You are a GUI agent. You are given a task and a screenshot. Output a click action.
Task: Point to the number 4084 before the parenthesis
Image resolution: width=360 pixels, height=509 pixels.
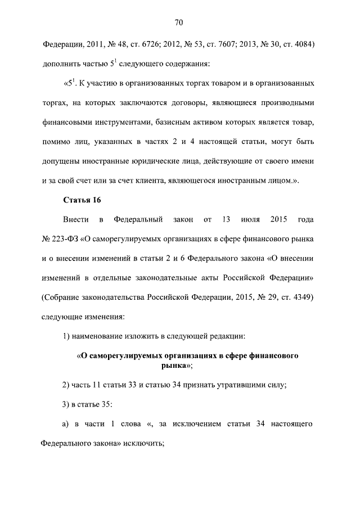tap(301, 44)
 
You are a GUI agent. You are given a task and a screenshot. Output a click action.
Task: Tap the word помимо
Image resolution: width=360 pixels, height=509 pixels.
tap(56, 142)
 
